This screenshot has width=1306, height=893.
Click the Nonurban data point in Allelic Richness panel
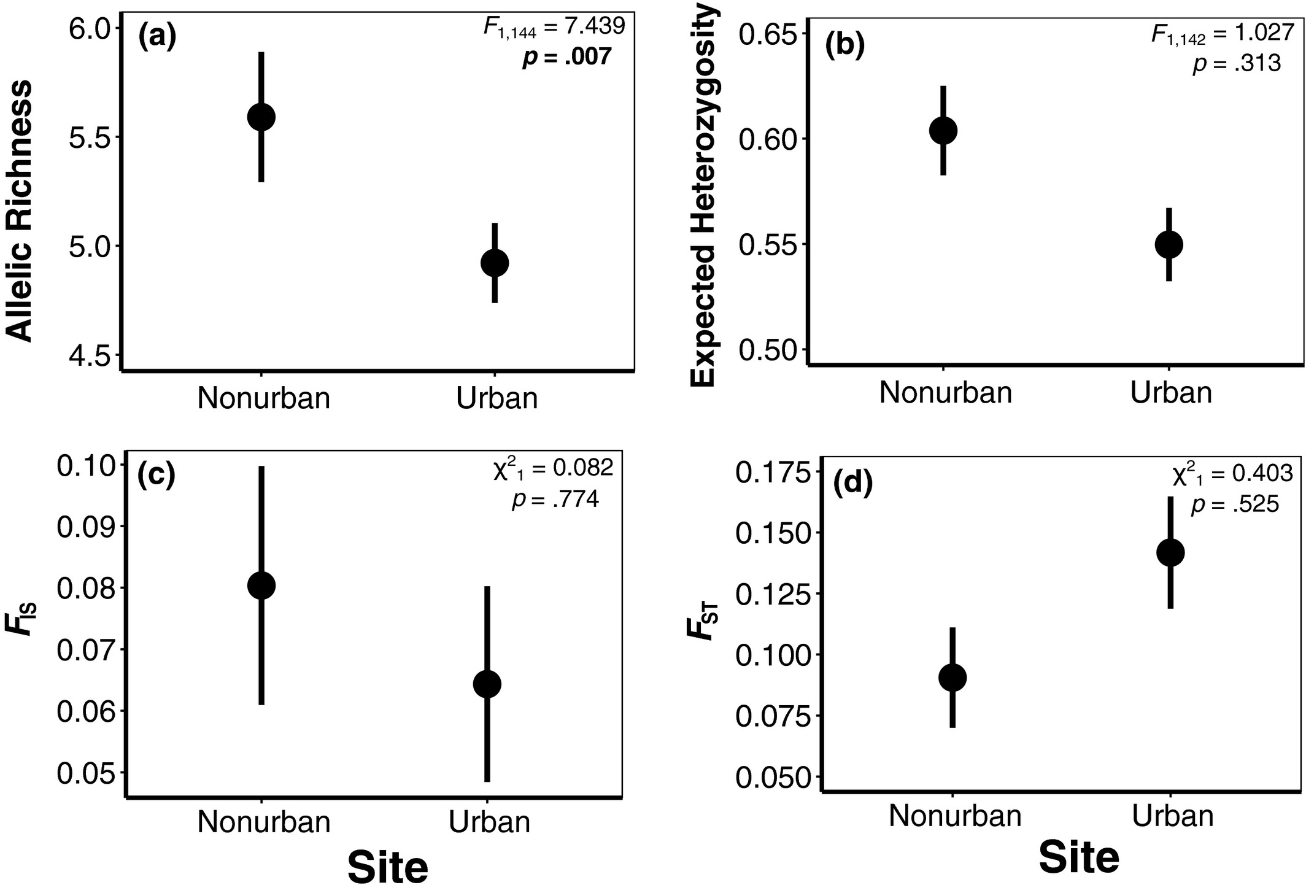(261, 117)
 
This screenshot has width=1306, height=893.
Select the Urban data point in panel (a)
(494, 263)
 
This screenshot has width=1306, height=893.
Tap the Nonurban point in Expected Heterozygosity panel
(943, 130)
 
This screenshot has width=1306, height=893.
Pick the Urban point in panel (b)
(1169, 244)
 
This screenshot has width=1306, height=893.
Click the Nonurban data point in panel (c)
(261, 586)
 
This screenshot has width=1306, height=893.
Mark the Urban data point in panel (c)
(487, 684)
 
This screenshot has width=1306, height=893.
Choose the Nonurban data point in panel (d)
(952, 678)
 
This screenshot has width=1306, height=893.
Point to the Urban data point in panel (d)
(1170, 552)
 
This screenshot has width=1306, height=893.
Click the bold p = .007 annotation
(566, 57)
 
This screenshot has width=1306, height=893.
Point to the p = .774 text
(555, 500)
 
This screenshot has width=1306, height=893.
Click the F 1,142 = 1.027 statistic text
(1223, 33)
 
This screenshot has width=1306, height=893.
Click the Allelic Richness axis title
(20, 211)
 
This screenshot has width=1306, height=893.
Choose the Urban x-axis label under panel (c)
(489, 822)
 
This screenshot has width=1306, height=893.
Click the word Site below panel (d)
(1079, 857)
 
